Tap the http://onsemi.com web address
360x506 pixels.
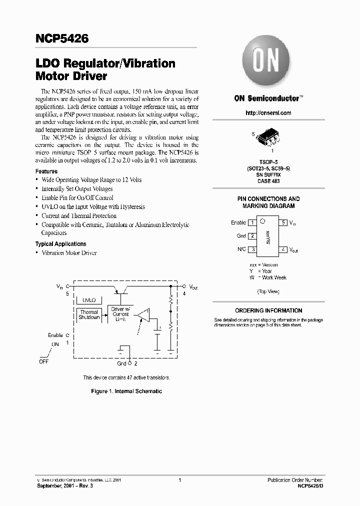[268, 113]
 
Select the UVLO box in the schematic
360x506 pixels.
[89, 300]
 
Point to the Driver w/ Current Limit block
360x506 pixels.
[120, 314]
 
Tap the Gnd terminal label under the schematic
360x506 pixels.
[121, 363]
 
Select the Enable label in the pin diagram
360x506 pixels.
[238, 222]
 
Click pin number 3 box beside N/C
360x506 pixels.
[253, 249]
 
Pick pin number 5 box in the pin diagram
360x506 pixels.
[283, 222]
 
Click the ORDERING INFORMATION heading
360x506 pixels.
[268, 310]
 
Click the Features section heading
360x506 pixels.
[46, 171]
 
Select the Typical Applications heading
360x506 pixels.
[60, 244]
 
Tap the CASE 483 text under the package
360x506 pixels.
[268, 181]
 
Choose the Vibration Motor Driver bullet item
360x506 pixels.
[69, 253]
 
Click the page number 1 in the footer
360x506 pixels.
[179, 480]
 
